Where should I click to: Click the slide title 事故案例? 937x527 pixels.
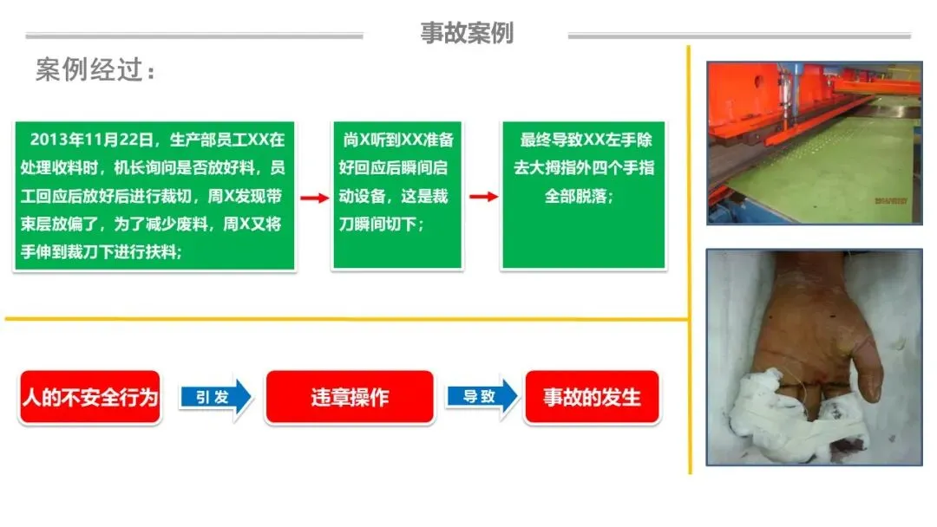coord(467,33)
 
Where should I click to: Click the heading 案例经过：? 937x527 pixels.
coord(96,70)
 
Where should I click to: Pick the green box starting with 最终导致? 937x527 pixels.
coord(583,195)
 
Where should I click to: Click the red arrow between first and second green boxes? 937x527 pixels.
coord(314,197)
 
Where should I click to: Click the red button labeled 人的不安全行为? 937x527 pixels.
coord(89,397)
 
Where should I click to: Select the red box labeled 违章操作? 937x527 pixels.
coord(350,397)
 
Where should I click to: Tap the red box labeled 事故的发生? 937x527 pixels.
coord(592,397)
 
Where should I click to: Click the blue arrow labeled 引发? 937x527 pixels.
coord(216,397)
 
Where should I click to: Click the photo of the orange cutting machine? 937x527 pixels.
coord(814,143)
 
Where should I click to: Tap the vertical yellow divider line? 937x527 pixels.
coord(690,260)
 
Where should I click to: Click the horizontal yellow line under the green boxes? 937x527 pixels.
coord(347,319)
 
